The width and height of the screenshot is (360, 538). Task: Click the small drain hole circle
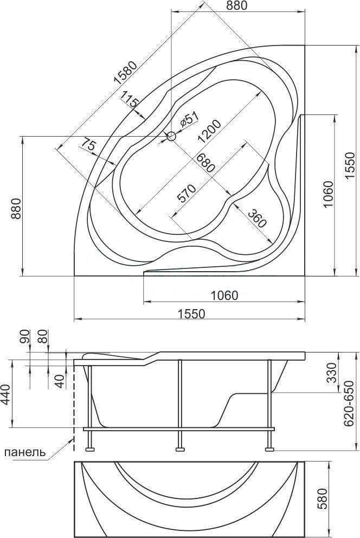pos(172,137)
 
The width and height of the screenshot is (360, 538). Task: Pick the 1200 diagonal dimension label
pos(209,131)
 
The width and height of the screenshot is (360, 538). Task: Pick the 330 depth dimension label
pos(332,373)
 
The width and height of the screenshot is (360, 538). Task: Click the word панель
pos(27,452)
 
